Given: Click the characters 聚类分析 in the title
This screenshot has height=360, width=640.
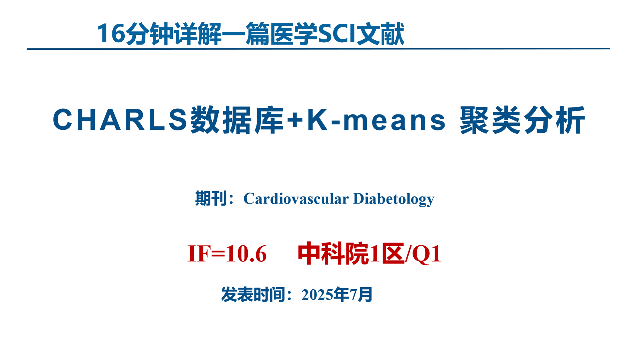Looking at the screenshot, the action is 522,120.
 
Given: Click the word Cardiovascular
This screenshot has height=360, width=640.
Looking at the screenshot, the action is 296,199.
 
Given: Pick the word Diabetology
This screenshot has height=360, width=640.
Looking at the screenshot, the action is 394,199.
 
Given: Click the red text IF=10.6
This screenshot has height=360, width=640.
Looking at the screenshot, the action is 227,254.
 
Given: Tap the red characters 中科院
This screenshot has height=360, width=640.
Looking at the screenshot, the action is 333,254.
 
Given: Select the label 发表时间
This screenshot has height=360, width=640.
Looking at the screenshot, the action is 253,295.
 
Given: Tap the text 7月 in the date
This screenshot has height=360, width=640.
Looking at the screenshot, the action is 361,295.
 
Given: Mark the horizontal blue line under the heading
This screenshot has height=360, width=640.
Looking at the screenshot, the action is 318,49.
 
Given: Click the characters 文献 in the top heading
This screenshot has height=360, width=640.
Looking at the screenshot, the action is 381,34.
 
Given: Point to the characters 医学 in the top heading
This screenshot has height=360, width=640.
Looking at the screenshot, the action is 294,34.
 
